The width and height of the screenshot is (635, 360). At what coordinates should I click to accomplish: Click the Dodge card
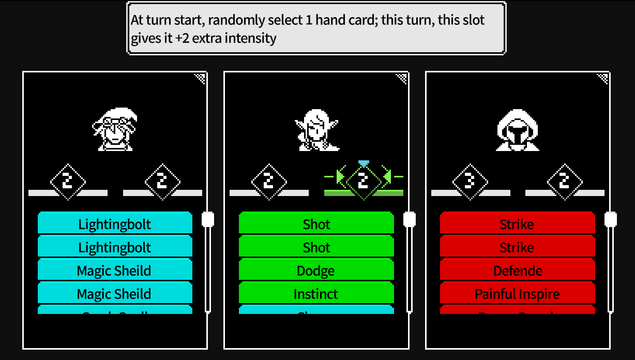pos(316,271)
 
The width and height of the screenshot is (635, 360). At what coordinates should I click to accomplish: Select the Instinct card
pos(316,294)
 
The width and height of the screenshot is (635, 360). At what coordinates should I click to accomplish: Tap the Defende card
pos(517,271)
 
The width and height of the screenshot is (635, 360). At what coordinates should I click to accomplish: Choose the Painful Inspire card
pos(517,294)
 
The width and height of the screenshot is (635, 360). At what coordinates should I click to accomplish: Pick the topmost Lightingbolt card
pos(115,224)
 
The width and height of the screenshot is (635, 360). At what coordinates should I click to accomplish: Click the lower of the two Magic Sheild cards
pos(115,294)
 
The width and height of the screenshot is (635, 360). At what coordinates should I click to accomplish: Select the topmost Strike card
pos(517,224)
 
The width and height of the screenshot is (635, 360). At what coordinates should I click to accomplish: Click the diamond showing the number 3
pos(470,182)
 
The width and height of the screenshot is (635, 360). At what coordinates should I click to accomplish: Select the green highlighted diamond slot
pos(363,181)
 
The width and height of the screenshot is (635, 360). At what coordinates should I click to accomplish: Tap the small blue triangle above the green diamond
pos(364,163)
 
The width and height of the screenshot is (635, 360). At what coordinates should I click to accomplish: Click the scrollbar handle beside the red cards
pos(611,219)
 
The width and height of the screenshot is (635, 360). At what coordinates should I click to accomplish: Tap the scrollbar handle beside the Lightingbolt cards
pos(208,219)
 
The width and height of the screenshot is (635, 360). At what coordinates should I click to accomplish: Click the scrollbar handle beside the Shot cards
pos(409,219)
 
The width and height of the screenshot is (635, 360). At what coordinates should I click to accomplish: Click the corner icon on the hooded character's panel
pos(602,78)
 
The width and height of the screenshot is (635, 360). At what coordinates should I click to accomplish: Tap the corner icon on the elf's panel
pos(401,78)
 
